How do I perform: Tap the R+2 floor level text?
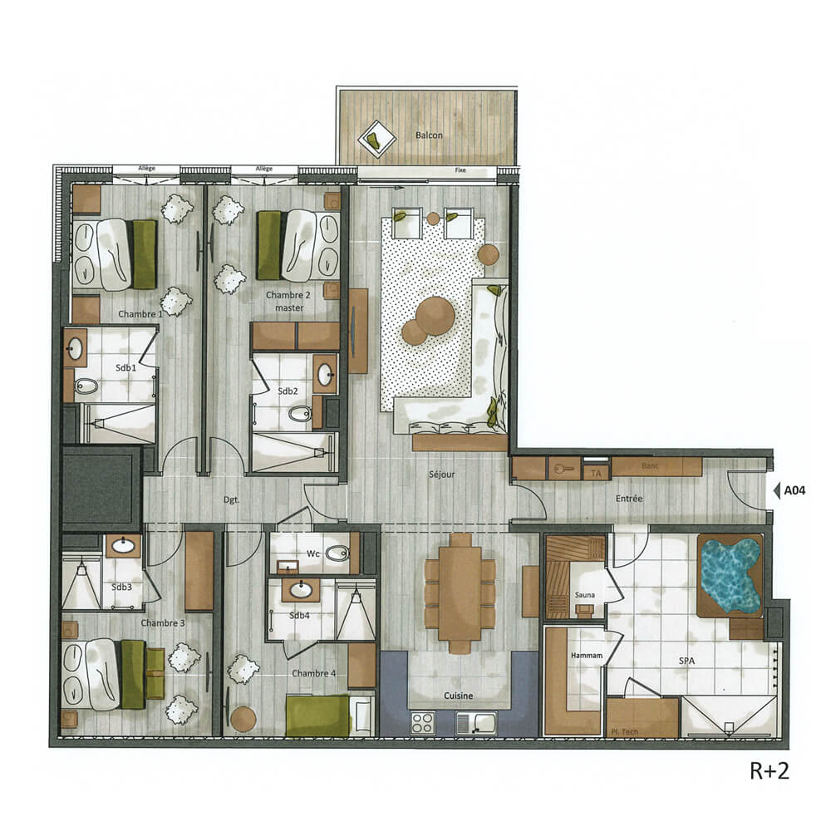(x=769, y=770)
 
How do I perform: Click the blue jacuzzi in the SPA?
(x=730, y=574)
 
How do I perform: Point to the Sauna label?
(x=583, y=595)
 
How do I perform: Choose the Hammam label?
(x=586, y=656)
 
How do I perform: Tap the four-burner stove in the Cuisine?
(x=422, y=721)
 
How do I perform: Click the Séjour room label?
(x=442, y=475)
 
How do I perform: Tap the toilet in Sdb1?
(x=86, y=386)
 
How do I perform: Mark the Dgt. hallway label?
(x=232, y=501)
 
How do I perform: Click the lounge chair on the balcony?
(x=376, y=138)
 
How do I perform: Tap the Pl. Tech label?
(x=623, y=732)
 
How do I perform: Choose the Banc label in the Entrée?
(x=649, y=466)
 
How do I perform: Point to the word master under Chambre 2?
(x=291, y=308)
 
